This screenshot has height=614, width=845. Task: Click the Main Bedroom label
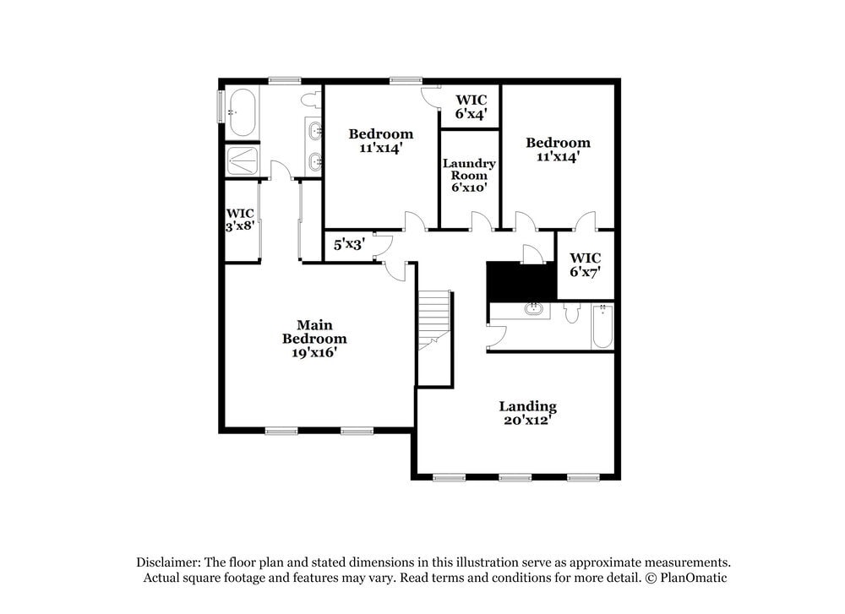[x=314, y=339]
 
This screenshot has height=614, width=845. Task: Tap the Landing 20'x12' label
[x=527, y=413]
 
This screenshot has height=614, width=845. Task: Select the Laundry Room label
[x=469, y=176]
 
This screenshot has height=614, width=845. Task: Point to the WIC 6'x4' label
[x=470, y=106]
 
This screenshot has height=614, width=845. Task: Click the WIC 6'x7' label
[x=585, y=265]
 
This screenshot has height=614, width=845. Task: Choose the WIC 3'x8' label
[x=240, y=220]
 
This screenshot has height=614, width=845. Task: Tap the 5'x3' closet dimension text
[x=348, y=245]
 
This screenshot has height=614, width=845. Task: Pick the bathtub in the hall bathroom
[x=602, y=327]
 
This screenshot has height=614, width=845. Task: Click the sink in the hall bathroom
[x=533, y=309]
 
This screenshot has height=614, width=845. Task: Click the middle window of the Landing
[x=515, y=478]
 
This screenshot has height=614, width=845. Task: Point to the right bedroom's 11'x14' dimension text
[x=558, y=156]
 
